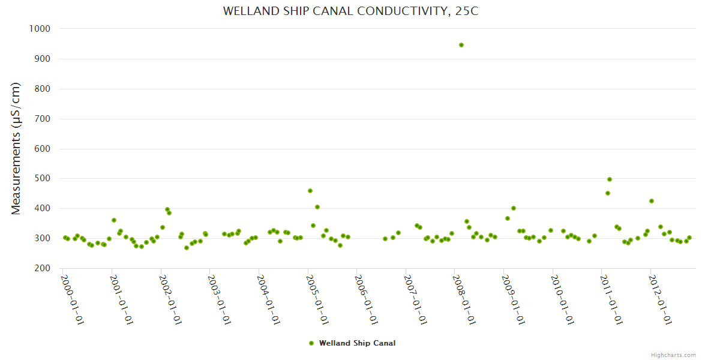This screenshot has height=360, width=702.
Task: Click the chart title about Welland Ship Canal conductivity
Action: pos(350,11)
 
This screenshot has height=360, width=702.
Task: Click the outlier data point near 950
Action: pos(461,45)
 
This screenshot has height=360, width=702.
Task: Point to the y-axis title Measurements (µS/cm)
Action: pos(16,148)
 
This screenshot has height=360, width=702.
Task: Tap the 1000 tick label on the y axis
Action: pos(40,29)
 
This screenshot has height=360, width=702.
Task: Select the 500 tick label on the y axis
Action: pos(42,179)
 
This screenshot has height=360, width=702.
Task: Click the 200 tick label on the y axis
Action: pos(42,268)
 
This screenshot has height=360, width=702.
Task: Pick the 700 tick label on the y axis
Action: pos(42,119)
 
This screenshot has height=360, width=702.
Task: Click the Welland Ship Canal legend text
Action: pos(357,343)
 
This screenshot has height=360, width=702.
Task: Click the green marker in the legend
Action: pos(311,343)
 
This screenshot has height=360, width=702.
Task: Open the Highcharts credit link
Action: pos(673,355)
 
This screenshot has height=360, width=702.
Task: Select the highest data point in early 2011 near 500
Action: pos(610,179)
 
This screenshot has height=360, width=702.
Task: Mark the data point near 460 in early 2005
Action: pos(310,191)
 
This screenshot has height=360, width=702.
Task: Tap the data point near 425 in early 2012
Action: pos(652,201)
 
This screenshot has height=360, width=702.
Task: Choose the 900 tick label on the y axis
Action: pos(42,59)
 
